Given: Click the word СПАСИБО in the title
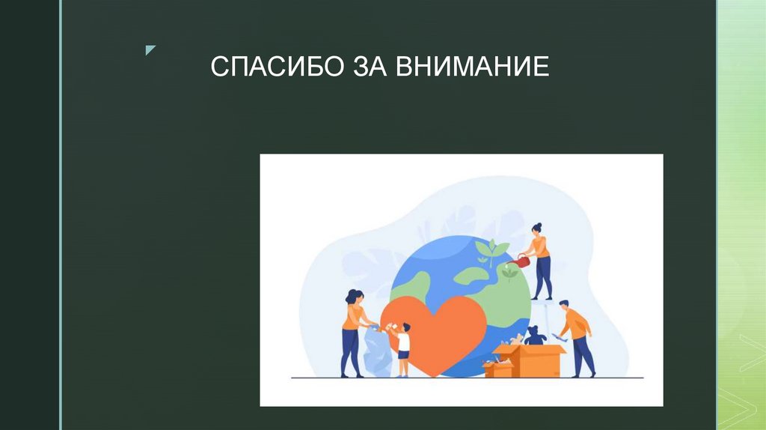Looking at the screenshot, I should (272, 67).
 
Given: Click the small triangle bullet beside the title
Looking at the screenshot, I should (150, 50).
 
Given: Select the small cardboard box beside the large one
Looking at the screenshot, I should (498, 369).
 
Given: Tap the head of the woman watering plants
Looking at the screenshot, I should (536, 228).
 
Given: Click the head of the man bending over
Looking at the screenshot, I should (564, 305).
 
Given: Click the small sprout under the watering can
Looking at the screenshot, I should (509, 274).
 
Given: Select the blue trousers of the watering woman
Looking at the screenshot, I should (544, 277).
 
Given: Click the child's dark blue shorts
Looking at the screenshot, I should (404, 355).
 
